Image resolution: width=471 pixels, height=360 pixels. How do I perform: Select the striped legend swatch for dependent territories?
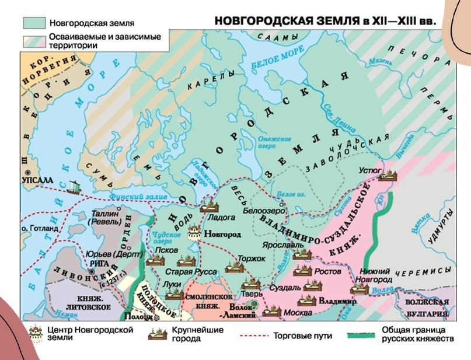tap(34, 41)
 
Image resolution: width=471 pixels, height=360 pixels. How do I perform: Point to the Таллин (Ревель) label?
tap(104, 218)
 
